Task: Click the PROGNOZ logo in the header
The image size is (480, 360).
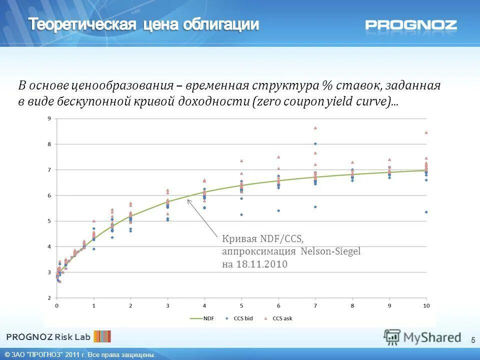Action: click(x=410, y=24)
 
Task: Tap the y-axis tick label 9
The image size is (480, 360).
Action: click(x=49, y=118)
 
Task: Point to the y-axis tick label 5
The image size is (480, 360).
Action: click(x=49, y=221)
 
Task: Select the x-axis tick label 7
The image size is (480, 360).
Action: click(x=315, y=305)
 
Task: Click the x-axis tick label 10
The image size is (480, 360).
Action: click(x=426, y=305)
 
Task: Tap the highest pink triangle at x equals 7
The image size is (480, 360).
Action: click(x=315, y=127)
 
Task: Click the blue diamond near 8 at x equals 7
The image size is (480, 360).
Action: click(x=315, y=144)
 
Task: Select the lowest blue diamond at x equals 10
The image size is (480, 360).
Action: click(x=426, y=212)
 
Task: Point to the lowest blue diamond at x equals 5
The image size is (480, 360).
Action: click(x=241, y=214)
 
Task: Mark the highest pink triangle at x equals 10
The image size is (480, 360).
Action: click(x=426, y=132)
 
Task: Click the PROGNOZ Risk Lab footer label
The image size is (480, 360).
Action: click(x=48, y=336)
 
